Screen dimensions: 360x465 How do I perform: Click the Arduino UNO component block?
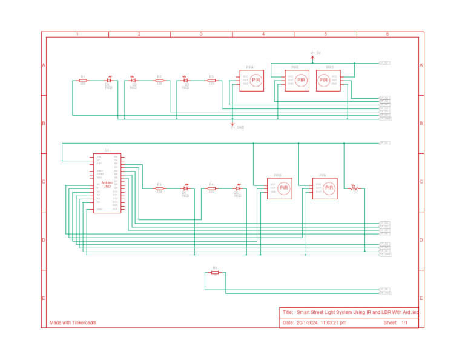coord(107,183)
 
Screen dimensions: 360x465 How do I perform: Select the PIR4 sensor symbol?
coord(251,80)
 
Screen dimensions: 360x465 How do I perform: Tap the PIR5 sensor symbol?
coord(297,80)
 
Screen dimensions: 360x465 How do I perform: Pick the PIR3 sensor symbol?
coord(328,80)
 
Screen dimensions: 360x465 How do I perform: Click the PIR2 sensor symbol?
coord(280,188)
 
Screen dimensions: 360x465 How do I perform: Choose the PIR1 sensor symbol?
coord(325,188)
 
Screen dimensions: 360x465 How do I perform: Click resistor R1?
coord(83,80)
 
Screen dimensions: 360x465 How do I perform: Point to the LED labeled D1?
coord(109,80)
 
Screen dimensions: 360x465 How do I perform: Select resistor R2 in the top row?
coord(159,80)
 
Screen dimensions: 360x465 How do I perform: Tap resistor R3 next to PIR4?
coord(211,80)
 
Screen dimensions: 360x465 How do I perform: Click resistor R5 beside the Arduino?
coord(159,188)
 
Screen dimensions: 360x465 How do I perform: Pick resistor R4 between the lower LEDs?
coord(211,188)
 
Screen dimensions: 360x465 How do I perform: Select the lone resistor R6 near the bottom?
coord(215,273)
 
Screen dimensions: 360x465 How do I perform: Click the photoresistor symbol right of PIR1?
coord(355,188)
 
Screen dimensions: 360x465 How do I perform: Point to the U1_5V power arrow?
coord(312,58)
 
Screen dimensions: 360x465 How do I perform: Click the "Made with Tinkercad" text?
coord(73,323)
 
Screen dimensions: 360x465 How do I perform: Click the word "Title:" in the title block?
coord(288,312)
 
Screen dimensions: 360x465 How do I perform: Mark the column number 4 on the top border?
coord(263,35)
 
